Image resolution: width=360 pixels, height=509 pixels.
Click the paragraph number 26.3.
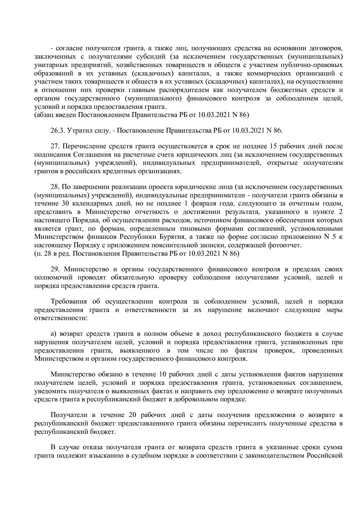pos(57,130)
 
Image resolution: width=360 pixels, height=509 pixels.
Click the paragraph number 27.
pos(55,146)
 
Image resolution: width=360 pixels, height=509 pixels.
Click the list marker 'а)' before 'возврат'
pos(53,334)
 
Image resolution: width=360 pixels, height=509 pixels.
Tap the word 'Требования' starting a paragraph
pos(69,302)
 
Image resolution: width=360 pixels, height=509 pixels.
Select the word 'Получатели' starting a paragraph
pos(67,415)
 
